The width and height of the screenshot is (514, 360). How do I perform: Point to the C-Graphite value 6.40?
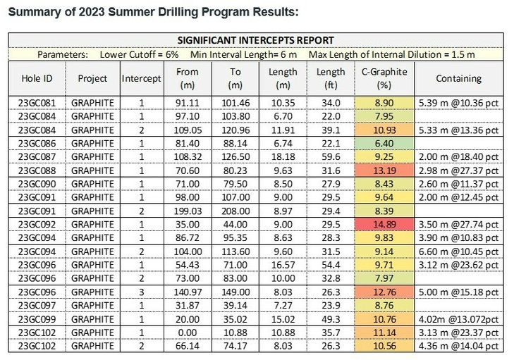pyautogui.click(x=384, y=143)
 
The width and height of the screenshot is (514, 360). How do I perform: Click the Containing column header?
pyautogui.click(x=458, y=78)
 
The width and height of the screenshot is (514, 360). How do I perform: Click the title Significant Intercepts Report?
pyautogui.click(x=256, y=40)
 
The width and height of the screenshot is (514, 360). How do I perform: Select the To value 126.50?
pyautogui.click(x=235, y=156)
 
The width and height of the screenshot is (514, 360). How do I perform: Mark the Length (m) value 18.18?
pyautogui.click(x=283, y=156)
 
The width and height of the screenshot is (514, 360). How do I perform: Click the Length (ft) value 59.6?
pyautogui.click(x=330, y=156)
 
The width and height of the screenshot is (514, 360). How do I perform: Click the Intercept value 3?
pyautogui.click(x=141, y=292)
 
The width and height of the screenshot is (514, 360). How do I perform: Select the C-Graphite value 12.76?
pyautogui.click(x=384, y=292)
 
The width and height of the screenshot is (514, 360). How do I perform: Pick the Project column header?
pyautogui.click(x=92, y=78)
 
